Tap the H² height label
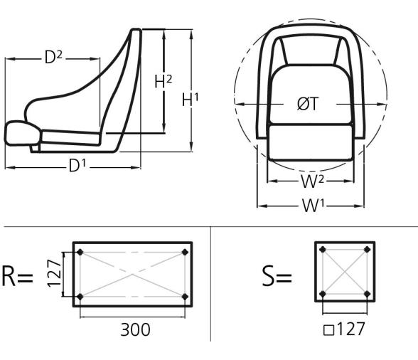pos(164,83)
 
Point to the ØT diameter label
pos(307,104)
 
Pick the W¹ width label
pos(311,206)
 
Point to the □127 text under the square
pos(345,331)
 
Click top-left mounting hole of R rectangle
pos(80,253)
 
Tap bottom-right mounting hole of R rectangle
pos(186,296)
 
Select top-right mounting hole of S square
pos(367,250)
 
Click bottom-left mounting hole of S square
pos(323,293)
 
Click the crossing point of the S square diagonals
pos(345,271)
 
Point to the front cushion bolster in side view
pos(21,132)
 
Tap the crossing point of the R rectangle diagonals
pos(133,274)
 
